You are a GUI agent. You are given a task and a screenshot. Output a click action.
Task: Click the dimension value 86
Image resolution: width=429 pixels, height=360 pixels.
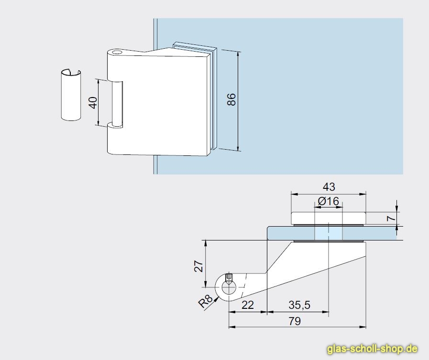[231, 99]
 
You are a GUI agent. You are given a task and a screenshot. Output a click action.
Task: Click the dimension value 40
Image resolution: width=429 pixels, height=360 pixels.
[93, 103]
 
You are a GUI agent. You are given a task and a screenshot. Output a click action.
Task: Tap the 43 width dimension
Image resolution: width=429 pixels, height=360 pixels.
[329, 187]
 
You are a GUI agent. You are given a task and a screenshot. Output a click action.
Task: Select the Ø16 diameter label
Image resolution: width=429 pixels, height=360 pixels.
[328, 201]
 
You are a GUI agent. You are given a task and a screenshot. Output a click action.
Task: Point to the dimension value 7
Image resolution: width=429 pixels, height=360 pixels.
[392, 218]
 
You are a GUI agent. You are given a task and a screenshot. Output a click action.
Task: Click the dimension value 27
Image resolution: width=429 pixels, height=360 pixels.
[199, 266]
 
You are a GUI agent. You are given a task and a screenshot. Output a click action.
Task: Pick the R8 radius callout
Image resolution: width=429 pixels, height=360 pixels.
[205, 301]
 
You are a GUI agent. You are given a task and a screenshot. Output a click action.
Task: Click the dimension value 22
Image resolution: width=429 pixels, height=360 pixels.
[248, 305]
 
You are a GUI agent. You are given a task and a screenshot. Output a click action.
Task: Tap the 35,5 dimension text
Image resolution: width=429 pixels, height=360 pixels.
[299, 305]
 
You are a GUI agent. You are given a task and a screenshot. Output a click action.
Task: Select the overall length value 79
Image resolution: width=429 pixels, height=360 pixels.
[295, 321]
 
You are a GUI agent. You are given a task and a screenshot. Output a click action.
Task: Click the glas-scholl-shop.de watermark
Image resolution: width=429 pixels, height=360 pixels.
[372, 349]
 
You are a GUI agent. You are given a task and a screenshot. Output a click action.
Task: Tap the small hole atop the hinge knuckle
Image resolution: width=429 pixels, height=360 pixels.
[118, 52]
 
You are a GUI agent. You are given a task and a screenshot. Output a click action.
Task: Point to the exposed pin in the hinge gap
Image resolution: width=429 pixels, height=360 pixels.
[117, 104]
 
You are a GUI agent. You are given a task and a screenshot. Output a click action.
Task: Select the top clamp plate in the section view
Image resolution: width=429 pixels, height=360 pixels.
[328, 218]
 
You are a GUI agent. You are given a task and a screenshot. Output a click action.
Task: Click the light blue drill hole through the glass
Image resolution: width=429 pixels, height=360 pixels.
[328, 233]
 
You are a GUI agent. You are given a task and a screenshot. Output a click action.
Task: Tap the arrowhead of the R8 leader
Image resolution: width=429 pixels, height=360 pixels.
[217, 299]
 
